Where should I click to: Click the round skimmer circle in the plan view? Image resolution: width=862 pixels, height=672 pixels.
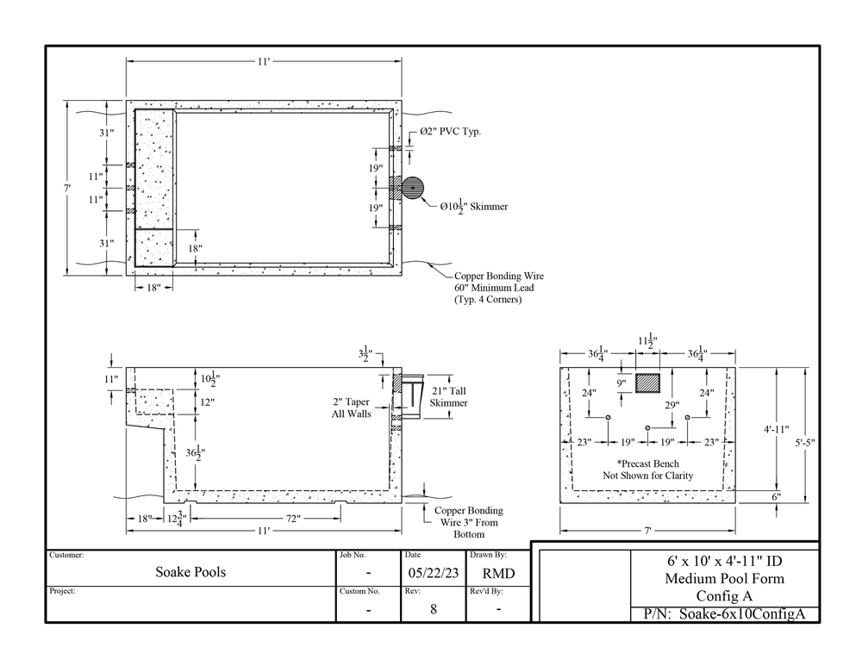click(413, 188)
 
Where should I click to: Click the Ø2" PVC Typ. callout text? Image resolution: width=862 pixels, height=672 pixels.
click(448, 132)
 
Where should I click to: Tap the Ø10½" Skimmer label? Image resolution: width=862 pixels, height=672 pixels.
click(473, 207)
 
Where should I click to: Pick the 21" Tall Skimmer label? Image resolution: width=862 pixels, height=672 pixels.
click(448, 396)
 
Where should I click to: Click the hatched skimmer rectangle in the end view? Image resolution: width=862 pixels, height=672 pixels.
click(648, 383)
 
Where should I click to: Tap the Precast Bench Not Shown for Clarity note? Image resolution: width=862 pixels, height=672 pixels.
click(647, 469)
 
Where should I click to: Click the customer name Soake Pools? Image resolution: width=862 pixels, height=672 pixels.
click(191, 572)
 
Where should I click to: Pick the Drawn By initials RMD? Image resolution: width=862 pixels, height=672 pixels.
click(498, 573)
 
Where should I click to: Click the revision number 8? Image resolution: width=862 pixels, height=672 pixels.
click(433, 608)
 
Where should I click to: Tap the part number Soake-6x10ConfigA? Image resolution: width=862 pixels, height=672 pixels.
click(724, 614)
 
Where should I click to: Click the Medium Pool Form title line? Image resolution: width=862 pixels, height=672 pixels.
click(724, 578)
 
